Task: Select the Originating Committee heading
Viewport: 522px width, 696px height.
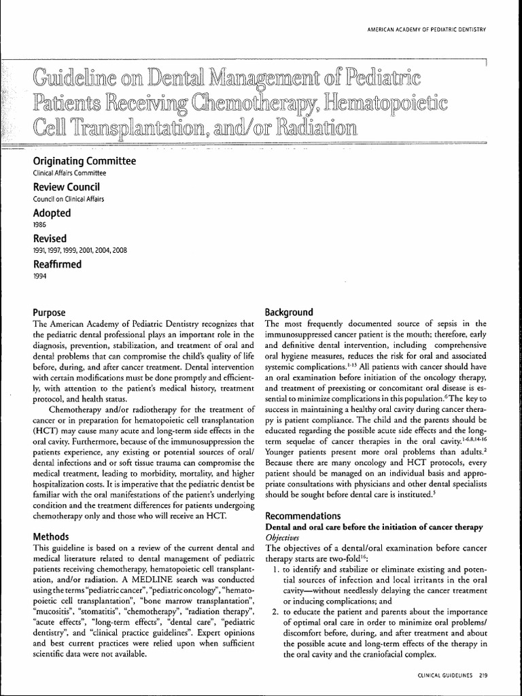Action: pos(84,161)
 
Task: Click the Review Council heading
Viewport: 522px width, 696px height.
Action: pos(67,187)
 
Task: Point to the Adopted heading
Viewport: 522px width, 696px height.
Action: pos(52,213)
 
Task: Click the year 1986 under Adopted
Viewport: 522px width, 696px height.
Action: pos(40,224)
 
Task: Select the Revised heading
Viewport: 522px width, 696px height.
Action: pos(50,239)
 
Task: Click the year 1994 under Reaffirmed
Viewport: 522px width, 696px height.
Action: pos(40,276)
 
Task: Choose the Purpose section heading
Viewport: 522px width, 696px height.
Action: pos(50,312)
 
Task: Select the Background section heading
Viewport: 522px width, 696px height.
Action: pos(289,312)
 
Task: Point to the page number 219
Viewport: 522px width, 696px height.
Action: pos(483,675)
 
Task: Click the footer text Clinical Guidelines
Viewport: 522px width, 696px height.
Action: pos(444,675)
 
